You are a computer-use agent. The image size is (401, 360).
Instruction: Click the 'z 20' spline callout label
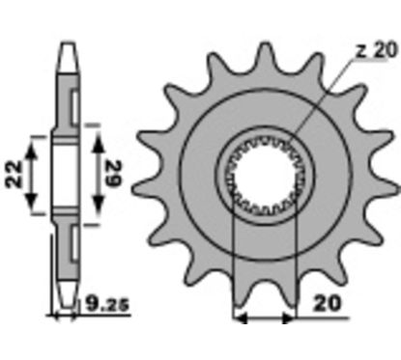tap(377, 51)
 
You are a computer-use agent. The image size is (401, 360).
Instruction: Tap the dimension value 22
tap(14, 174)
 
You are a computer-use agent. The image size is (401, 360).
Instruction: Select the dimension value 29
tap(113, 174)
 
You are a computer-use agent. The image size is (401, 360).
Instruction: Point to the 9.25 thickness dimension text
tap(107, 304)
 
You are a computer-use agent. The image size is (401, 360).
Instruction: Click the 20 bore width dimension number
tap(327, 303)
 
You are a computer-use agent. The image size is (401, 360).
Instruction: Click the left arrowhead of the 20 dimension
tap(241, 318)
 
